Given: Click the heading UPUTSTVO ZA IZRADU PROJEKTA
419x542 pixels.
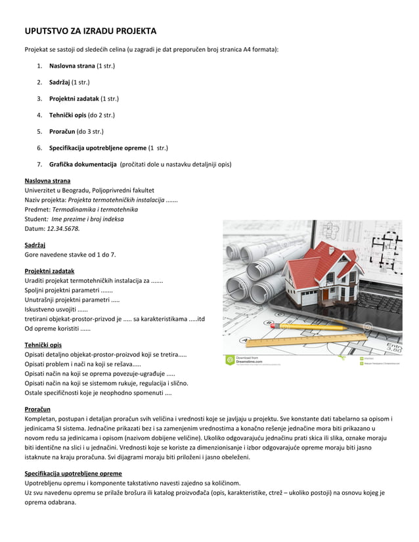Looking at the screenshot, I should [91, 31].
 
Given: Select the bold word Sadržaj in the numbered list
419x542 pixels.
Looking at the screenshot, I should [60, 82].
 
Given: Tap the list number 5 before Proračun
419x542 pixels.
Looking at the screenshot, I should [39, 131].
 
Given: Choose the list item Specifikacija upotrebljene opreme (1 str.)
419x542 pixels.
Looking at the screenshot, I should [108, 148].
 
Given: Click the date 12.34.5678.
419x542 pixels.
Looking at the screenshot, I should [63, 228].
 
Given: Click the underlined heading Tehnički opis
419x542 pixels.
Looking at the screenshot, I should [43, 345].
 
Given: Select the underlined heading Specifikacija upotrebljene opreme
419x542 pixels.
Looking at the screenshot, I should [73, 473].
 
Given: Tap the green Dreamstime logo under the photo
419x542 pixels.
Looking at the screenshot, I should [230, 360].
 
